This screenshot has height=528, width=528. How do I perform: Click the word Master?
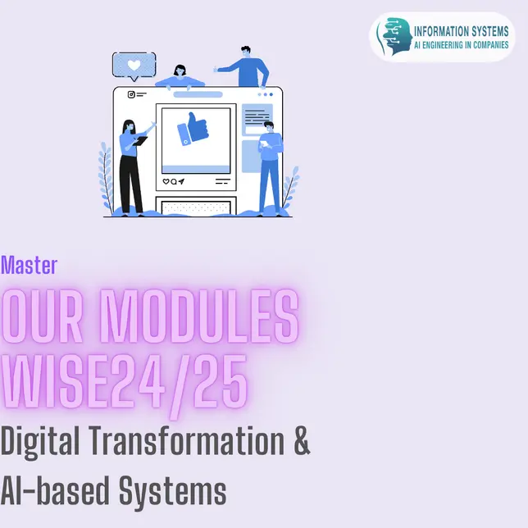click(x=29, y=266)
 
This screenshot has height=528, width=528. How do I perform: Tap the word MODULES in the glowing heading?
click(x=198, y=316)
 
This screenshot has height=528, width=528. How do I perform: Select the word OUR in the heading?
click(x=42, y=316)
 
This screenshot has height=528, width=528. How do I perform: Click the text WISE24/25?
click(x=125, y=384)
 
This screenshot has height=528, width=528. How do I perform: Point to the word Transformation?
click(x=187, y=441)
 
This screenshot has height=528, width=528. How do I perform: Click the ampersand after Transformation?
click(x=302, y=441)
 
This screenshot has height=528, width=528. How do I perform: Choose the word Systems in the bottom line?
click(x=172, y=492)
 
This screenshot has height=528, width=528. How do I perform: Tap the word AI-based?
click(x=55, y=490)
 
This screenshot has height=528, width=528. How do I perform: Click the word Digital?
click(x=39, y=442)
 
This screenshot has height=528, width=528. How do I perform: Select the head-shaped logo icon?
click(x=395, y=36)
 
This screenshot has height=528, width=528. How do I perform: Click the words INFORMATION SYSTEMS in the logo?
click(x=461, y=31)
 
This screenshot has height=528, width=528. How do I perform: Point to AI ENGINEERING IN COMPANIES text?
click(x=461, y=45)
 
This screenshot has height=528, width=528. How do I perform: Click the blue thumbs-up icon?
click(x=193, y=129)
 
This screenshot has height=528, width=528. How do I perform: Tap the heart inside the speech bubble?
click(x=134, y=65)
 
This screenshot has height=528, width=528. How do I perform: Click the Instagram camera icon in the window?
click(x=131, y=94)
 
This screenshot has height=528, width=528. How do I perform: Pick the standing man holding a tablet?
click(x=271, y=168)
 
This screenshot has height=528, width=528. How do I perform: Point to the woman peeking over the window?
click(x=180, y=77)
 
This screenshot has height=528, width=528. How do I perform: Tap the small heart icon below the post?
click(x=166, y=181)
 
